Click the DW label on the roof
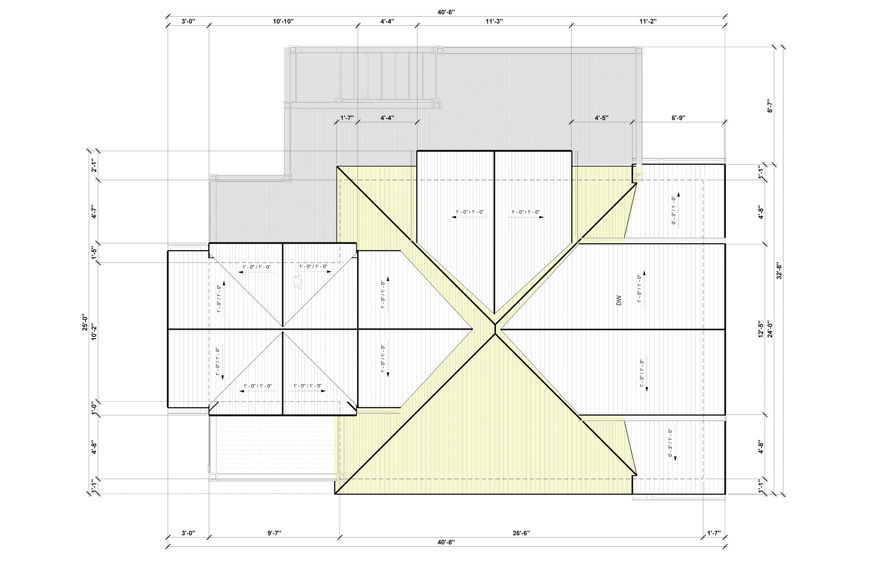click(x=618, y=301)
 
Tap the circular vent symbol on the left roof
click(x=296, y=282)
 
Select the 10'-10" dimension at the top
click(x=283, y=22)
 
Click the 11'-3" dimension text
click(x=494, y=22)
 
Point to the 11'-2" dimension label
click(x=648, y=22)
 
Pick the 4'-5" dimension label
click(x=601, y=118)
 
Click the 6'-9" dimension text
click(x=678, y=118)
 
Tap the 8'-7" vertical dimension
click(x=770, y=106)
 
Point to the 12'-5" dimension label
click(x=761, y=329)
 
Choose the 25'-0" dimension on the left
click(x=86, y=322)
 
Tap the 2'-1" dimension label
click(x=94, y=165)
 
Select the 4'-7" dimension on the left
click(x=94, y=212)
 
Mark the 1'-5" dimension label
click(x=94, y=253)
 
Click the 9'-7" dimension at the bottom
click(x=274, y=533)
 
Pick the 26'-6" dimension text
click(x=521, y=533)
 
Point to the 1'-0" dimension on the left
click(x=94, y=408)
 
